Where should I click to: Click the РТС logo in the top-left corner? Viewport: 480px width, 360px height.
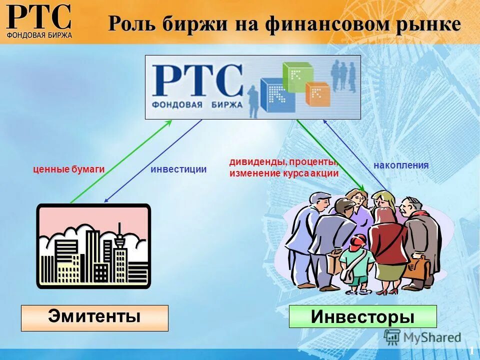(x=39, y=20)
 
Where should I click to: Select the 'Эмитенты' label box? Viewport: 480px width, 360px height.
(x=94, y=317)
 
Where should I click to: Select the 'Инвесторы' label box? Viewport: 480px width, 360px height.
(x=362, y=316)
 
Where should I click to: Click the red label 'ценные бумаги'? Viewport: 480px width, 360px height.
(x=68, y=169)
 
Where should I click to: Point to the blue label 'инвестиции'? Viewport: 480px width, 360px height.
(x=178, y=169)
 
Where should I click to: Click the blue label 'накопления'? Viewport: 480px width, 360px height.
(x=401, y=165)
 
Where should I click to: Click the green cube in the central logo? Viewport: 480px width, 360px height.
(x=296, y=75)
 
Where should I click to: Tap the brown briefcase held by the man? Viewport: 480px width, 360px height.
(x=419, y=267)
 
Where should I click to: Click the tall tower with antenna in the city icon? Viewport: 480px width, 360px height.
(x=119, y=250)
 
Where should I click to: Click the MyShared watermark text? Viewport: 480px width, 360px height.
(x=432, y=338)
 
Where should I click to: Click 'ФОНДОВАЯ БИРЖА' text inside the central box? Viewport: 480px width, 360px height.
(x=197, y=105)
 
